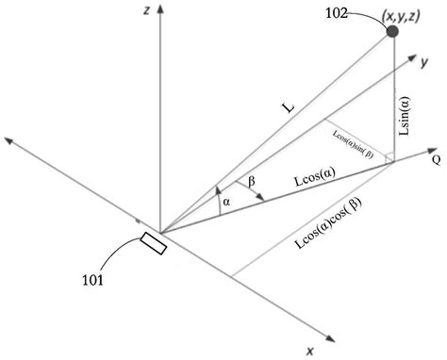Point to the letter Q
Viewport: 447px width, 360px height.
pyautogui.click(x=436, y=159)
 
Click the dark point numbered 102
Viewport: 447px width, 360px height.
pyautogui.click(x=392, y=32)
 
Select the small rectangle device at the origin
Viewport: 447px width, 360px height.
pyautogui.click(x=154, y=244)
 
